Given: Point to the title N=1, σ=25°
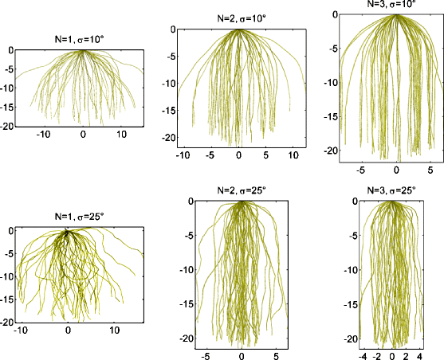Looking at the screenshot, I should pos(68,216).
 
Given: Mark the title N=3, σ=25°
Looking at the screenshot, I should pos(391,192).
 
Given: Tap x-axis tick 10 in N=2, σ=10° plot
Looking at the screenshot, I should pos(293,154).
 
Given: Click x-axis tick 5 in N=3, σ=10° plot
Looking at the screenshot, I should pos(431,170).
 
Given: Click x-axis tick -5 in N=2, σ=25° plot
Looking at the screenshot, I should pos(207,355).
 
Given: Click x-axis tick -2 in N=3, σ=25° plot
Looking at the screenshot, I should pos(375,355).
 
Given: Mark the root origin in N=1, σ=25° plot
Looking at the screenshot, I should pos(67,232).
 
